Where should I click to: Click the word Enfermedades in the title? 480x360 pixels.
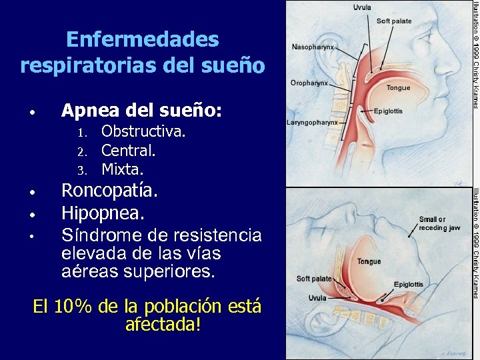click(143, 40)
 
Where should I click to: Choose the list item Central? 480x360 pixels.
click(129, 151)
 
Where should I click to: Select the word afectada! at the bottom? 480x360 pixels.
click(163, 325)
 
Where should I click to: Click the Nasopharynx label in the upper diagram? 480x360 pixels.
click(313, 48)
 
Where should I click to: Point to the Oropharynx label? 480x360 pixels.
click(309, 83)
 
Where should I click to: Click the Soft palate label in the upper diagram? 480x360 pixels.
click(394, 21)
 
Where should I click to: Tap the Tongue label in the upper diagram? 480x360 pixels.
click(399, 88)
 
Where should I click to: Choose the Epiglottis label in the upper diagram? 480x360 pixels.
click(388, 111)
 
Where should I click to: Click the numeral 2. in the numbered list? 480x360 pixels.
click(81, 151)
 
